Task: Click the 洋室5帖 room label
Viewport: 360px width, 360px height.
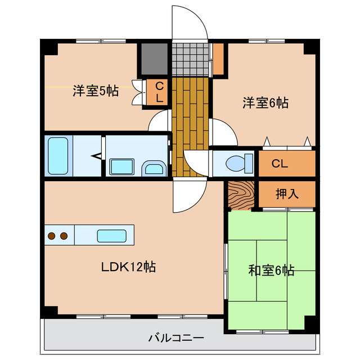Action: (95, 91)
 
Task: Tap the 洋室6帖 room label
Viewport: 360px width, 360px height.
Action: (265, 103)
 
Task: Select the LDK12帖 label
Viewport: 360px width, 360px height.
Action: (128, 267)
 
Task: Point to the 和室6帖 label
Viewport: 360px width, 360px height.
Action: (271, 271)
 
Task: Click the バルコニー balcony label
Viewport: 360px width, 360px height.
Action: (176, 338)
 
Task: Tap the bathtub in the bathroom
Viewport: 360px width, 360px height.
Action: (58, 155)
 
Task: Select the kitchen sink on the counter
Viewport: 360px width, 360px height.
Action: (111, 236)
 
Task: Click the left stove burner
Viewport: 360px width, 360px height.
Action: (52, 236)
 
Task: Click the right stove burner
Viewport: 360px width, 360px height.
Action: (64, 236)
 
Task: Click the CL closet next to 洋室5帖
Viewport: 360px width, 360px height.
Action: (159, 92)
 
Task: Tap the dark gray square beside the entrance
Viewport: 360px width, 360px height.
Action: (154, 58)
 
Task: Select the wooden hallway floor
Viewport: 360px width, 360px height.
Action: (190, 127)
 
